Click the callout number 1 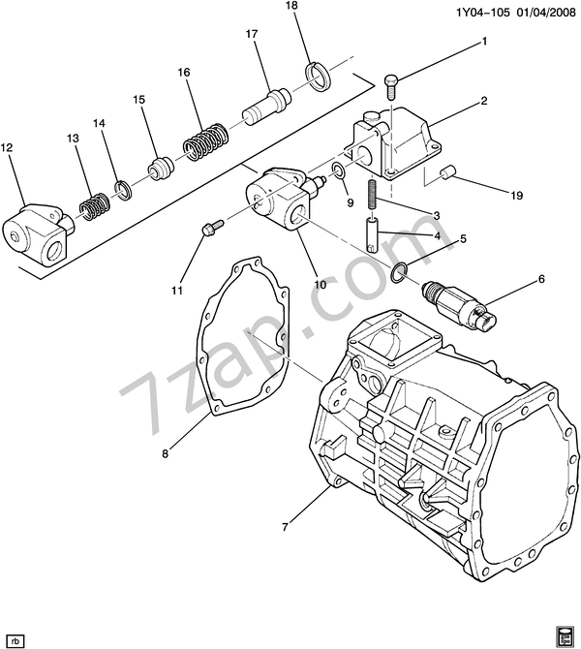pyautogui.click(x=484, y=42)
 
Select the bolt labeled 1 pyautogui.click(x=390, y=84)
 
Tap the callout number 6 pyautogui.click(x=541, y=279)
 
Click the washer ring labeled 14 pyautogui.click(x=123, y=187)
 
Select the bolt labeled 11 pyautogui.click(x=209, y=228)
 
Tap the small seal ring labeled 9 pyautogui.click(x=337, y=173)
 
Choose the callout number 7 pyautogui.click(x=286, y=528)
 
